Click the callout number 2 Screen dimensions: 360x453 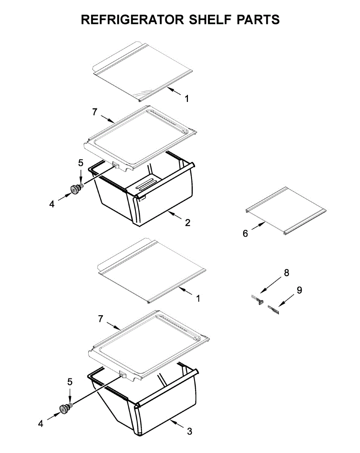(x=188, y=222)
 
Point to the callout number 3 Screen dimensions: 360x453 (x=189, y=431)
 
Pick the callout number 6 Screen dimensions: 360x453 (x=245, y=234)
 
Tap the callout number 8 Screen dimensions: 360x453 (x=286, y=273)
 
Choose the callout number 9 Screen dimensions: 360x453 (x=299, y=290)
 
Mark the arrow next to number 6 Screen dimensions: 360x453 (x=258, y=227)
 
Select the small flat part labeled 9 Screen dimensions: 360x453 (x=273, y=310)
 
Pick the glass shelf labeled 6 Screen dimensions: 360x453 (x=286, y=211)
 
